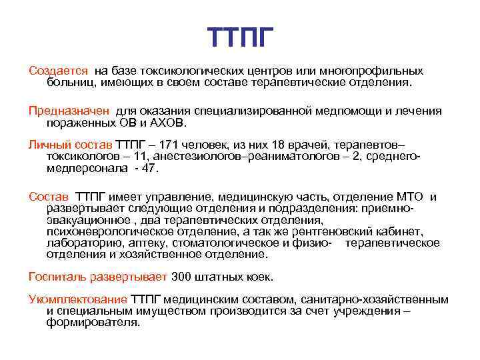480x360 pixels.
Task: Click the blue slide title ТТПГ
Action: [240, 37]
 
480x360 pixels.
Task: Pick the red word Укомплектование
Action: [78, 299]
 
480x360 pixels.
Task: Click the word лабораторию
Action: [83, 243]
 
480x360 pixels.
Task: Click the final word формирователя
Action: [93, 323]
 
